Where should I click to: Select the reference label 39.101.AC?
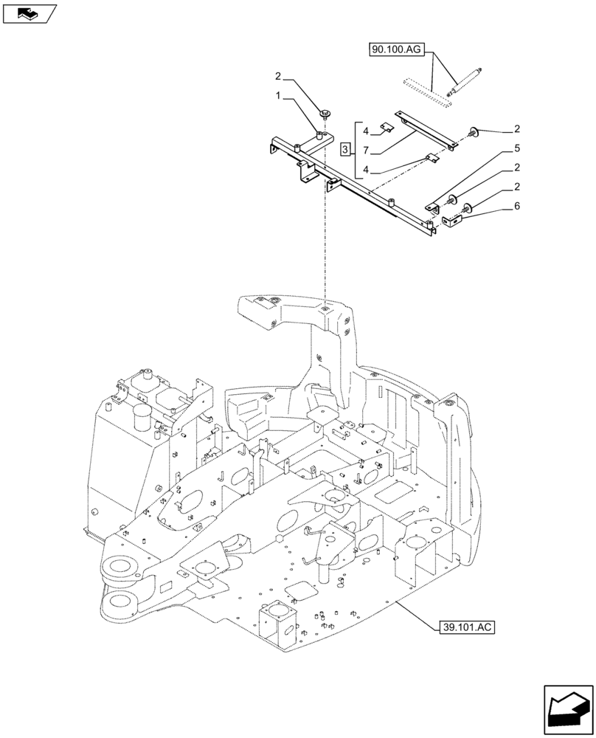465,627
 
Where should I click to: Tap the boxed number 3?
345,151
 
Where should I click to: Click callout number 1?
278,96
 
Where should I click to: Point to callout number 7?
367,151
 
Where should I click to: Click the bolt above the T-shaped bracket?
325,112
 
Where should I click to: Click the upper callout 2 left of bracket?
278,76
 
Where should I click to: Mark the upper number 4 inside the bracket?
367,131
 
